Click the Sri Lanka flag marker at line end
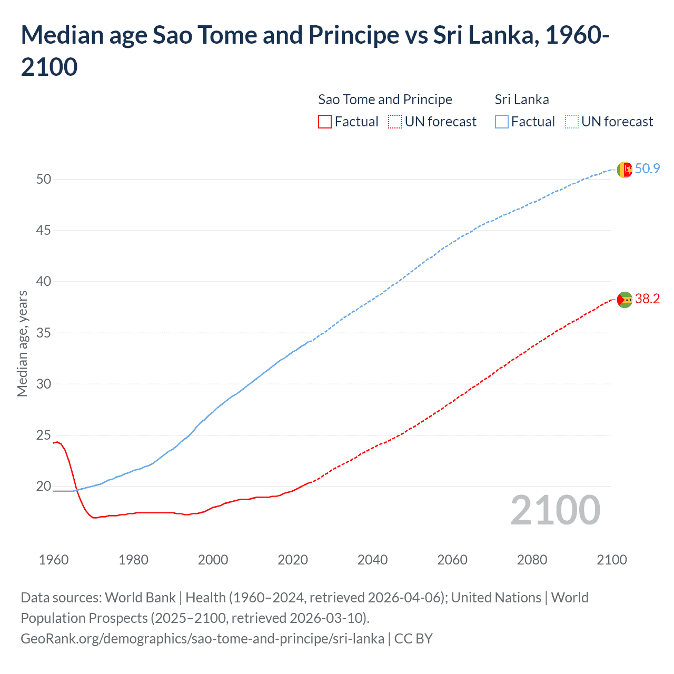tap(624, 170)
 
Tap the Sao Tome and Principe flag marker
tap(624, 300)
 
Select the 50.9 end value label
tap(647, 168)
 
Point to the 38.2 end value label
tap(647, 299)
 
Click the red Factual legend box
tap(325, 122)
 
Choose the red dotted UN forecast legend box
tap(395, 122)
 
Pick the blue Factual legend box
tap(502, 122)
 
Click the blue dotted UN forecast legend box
tap(571, 122)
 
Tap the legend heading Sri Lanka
tap(521, 100)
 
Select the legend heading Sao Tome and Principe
tap(385, 100)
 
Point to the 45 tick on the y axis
tap(44, 231)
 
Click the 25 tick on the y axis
tap(44, 435)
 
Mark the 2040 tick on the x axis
tap(372, 560)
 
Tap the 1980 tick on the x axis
tap(133, 560)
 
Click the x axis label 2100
tap(611, 560)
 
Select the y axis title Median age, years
tap(22, 343)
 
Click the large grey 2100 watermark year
tap(555, 510)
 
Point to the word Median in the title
tap(58, 35)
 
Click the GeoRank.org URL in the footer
tap(202, 639)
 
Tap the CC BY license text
tap(413, 639)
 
